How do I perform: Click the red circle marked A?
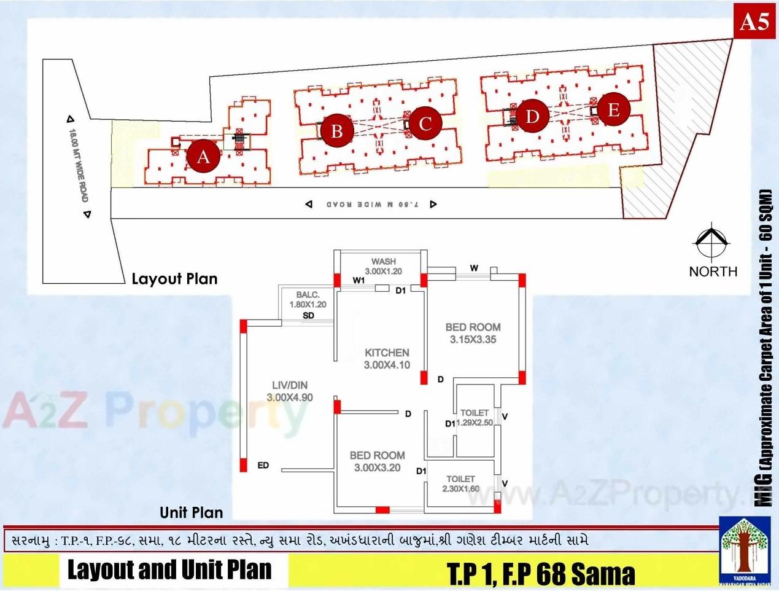point(203,157)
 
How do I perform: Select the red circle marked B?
point(336,131)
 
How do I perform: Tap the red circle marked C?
point(425,123)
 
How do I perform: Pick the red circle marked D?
point(532,116)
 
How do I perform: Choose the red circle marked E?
point(613,110)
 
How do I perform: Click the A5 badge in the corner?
point(754,22)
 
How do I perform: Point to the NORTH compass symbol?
point(711,243)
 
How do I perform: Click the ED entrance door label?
point(263,466)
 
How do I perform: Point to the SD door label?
point(309,316)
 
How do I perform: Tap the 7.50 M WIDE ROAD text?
point(372,204)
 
